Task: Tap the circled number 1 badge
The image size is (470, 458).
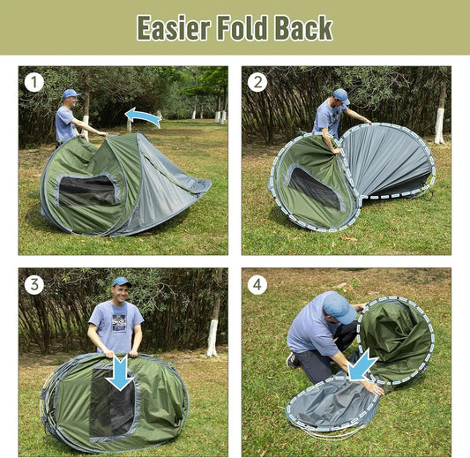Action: (34, 82)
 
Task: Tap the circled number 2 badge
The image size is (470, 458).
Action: (257, 82)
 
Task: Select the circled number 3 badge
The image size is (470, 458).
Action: (34, 284)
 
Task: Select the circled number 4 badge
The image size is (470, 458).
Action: (257, 284)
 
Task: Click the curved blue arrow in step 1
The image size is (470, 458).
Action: (143, 116)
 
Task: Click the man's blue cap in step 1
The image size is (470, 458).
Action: (70, 94)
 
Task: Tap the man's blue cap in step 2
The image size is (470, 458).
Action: (340, 95)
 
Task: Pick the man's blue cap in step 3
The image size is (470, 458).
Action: (121, 282)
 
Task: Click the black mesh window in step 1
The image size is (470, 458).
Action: (87, 191)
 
